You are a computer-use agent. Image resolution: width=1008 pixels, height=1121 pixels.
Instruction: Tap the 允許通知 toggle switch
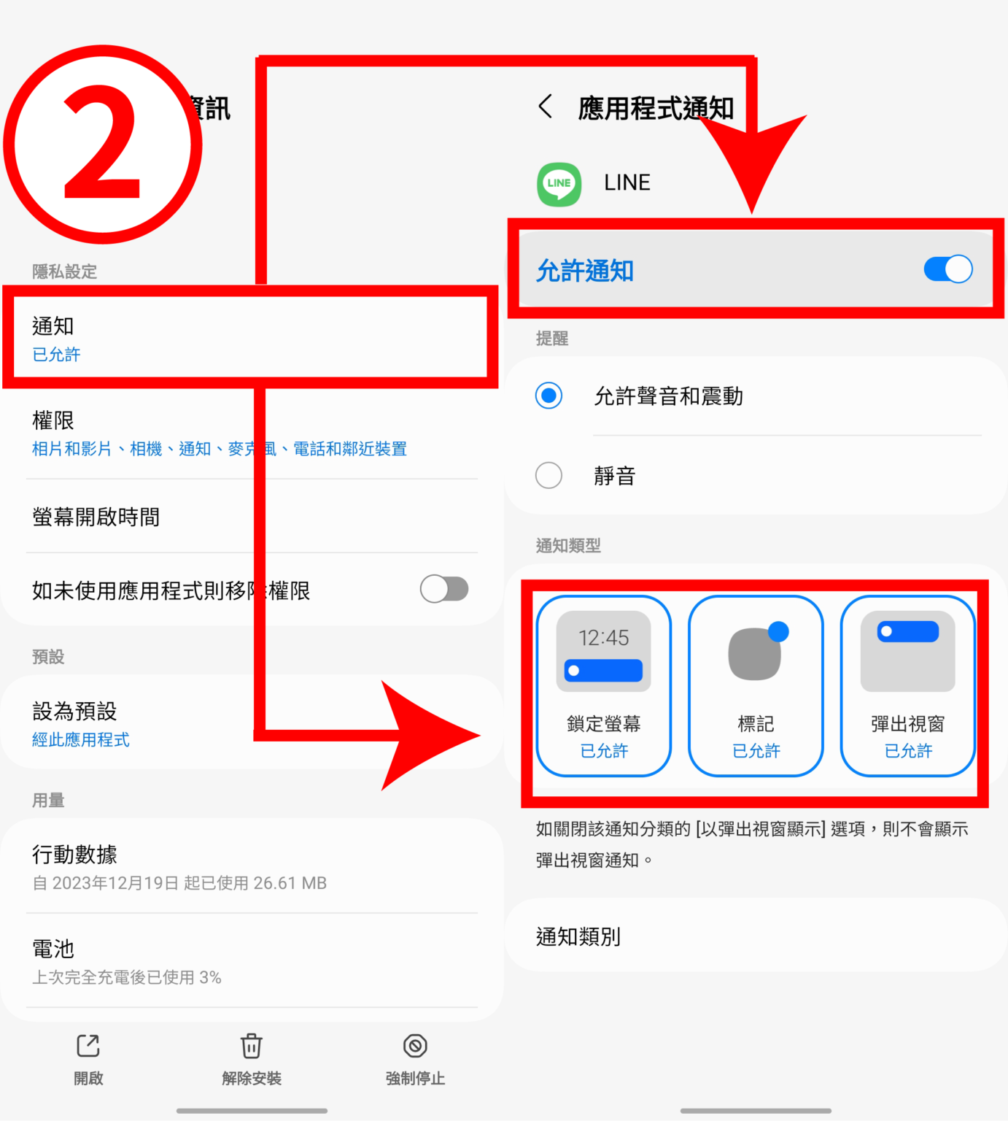point(947,269)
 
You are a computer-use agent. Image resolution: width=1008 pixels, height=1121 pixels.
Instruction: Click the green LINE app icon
point(559,184)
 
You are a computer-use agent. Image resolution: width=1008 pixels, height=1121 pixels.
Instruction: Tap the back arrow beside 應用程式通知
point(545,107)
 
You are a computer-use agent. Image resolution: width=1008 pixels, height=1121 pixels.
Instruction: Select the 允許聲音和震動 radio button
point(548,396)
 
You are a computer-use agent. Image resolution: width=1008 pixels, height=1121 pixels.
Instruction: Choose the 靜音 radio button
point(548,476)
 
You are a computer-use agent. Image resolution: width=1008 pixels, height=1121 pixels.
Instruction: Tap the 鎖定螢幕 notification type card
point(603,685)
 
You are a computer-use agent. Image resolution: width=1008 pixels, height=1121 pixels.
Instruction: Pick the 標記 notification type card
point(756,685)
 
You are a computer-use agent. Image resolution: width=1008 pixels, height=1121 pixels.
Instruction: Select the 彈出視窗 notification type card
point(907,685)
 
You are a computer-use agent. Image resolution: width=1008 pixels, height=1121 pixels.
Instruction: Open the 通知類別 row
point(578,936)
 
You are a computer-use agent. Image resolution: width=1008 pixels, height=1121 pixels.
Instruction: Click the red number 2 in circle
point(102,145)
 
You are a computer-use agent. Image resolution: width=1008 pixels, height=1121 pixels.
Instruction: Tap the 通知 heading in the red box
point(53,326)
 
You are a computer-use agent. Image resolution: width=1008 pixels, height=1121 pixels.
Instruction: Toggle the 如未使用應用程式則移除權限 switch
point(444,589)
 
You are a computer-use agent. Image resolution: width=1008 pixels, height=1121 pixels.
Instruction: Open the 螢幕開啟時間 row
point(96,517)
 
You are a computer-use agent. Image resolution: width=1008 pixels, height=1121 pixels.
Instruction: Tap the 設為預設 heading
point(74,711)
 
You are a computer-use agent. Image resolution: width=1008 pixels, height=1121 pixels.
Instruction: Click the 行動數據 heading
point(74,854)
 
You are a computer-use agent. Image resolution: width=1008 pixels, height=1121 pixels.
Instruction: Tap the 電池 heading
point(53,949)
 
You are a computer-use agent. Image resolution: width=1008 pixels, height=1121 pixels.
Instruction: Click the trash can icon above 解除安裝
point(252,1046)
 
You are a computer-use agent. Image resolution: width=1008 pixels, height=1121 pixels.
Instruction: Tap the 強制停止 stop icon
point(415,1046)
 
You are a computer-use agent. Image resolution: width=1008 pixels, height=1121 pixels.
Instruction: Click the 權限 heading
point(53,420)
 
